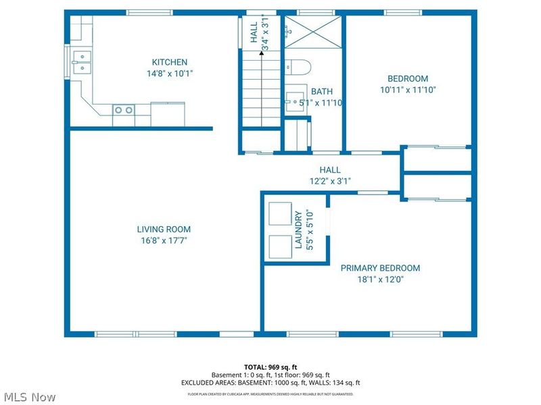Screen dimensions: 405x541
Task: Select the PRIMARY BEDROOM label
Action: click(x=380, y=268)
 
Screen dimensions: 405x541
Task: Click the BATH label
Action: click(x=321, y=92)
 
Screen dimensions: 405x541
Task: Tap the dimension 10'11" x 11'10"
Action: click(x=407, y=89)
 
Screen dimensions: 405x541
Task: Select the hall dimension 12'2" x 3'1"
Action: click(x=330, y=181)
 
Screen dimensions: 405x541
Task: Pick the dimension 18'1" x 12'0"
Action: click(x=380, y=279)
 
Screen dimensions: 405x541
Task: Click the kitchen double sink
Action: click(x=81, y=61)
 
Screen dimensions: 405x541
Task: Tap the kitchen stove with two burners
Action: click(x=123, y=109)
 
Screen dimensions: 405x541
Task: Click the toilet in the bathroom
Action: click(x=298, y=67)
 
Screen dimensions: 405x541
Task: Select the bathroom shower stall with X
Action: click(x=311, y=30)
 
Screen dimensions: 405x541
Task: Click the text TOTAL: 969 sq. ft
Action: click(x=270, y=367)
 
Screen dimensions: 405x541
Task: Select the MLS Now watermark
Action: click(x=30, y=397)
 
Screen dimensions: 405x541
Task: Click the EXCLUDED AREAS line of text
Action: click(x=270, y=382)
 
